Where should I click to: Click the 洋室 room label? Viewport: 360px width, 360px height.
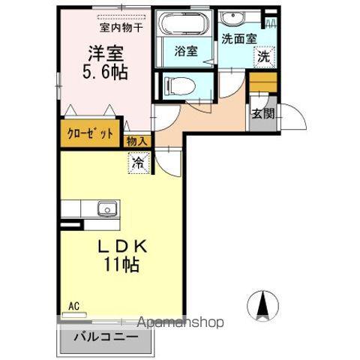106,53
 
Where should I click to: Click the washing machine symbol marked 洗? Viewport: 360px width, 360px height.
263,55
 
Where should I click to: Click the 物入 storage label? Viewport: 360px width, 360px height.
136,139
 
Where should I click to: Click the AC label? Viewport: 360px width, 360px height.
73,305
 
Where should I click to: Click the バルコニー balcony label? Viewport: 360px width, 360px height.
106,337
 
